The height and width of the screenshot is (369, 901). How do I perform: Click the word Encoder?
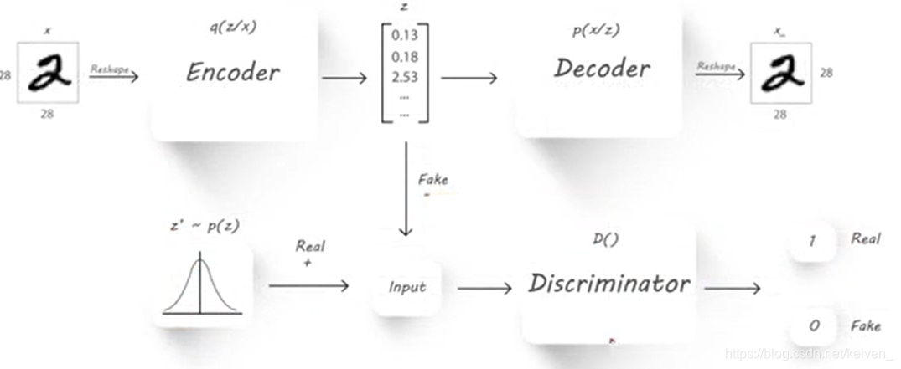click(232, 73)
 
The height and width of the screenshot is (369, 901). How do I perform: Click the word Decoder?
click(602, 69)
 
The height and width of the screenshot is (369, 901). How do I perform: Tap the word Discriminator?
click(608, 284)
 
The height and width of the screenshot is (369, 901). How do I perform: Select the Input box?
click(407, 287)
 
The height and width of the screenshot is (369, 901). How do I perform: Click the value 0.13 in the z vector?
click(403, 36)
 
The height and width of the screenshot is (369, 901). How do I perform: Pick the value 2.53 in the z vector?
click(403, 78)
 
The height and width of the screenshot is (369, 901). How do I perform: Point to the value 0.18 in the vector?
click(403, 57)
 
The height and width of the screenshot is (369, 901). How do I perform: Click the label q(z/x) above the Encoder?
click(232, 26)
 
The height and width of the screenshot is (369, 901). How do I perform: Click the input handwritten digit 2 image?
click(49, 74)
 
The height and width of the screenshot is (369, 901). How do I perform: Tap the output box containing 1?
click(812, 241)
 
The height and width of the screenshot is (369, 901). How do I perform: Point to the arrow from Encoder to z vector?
click(344, 79)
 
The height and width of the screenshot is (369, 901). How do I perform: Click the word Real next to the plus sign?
click(310, 247)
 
